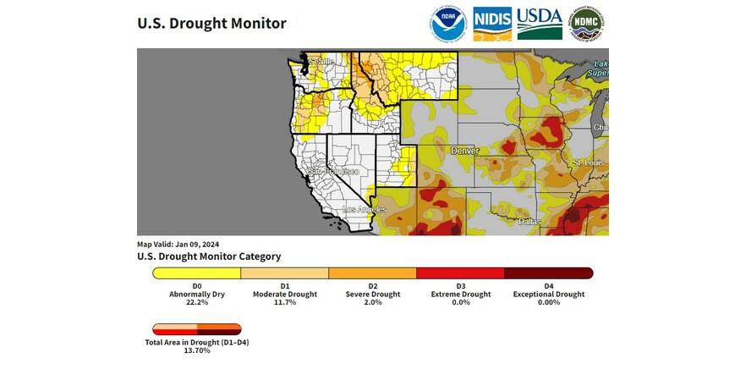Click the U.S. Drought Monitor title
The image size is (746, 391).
click(x=211, y=24)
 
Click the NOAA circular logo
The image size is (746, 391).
click(x=447, y=24)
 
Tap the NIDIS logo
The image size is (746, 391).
click(x=491, y=24)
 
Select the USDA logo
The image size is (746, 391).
click(x=540, y=24)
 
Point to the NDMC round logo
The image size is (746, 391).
click(x=587, y=24)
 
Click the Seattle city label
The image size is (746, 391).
click(x=321, y=62)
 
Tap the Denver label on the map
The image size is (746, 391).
click(x=464, y=151)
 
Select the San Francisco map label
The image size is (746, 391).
click(x=332, y=172)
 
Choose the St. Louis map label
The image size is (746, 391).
click(x=588, y=162)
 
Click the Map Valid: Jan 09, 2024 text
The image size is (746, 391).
click(x=178, y=244)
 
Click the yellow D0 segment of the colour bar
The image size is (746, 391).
click(x=197, y=273)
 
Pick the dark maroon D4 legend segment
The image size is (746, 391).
click(x=548, y=273)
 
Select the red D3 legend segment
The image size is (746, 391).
click(x=460, y=273)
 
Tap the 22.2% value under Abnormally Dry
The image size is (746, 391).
click(x=196, y=303)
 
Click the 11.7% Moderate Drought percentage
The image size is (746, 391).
click(x=285, y=303)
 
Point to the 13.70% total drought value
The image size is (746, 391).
click(x=197, y=350)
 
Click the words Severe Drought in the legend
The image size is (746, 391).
click(x=373, y=295)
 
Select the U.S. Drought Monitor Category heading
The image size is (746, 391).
click(x=209, y=256)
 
